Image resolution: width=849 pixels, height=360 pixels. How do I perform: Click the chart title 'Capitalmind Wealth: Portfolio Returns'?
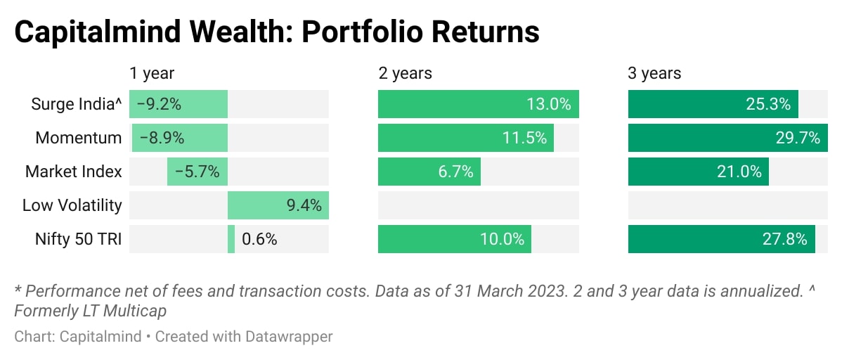point(277,32)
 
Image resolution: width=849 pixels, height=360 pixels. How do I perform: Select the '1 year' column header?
point(152,73)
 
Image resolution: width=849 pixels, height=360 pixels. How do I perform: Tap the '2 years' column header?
point(405,73)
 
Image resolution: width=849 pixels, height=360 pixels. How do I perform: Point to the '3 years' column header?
point(654,73)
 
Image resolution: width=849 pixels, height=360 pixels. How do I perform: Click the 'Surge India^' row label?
point(77,104)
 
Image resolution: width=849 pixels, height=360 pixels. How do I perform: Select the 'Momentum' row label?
point(79,138)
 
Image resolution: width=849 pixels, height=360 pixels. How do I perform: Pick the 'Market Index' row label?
point(74,172)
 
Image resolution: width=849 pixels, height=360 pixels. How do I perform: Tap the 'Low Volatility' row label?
point(72,205)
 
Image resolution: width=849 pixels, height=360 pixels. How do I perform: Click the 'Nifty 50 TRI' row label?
point(79,239)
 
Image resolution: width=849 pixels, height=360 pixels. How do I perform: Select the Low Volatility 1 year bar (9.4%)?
point(278,205)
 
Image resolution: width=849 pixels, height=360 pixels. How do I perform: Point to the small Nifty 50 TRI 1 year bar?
point(231,239)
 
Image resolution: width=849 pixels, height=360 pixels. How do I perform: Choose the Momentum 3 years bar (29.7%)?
point(727,138)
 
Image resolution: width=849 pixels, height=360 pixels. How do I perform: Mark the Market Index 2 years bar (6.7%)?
point(429,172)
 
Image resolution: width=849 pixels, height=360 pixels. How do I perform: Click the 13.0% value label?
point(548,104)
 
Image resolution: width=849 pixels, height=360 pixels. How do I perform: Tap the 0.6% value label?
point(259,239)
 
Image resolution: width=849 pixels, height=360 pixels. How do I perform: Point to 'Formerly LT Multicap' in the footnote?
point(90,310)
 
